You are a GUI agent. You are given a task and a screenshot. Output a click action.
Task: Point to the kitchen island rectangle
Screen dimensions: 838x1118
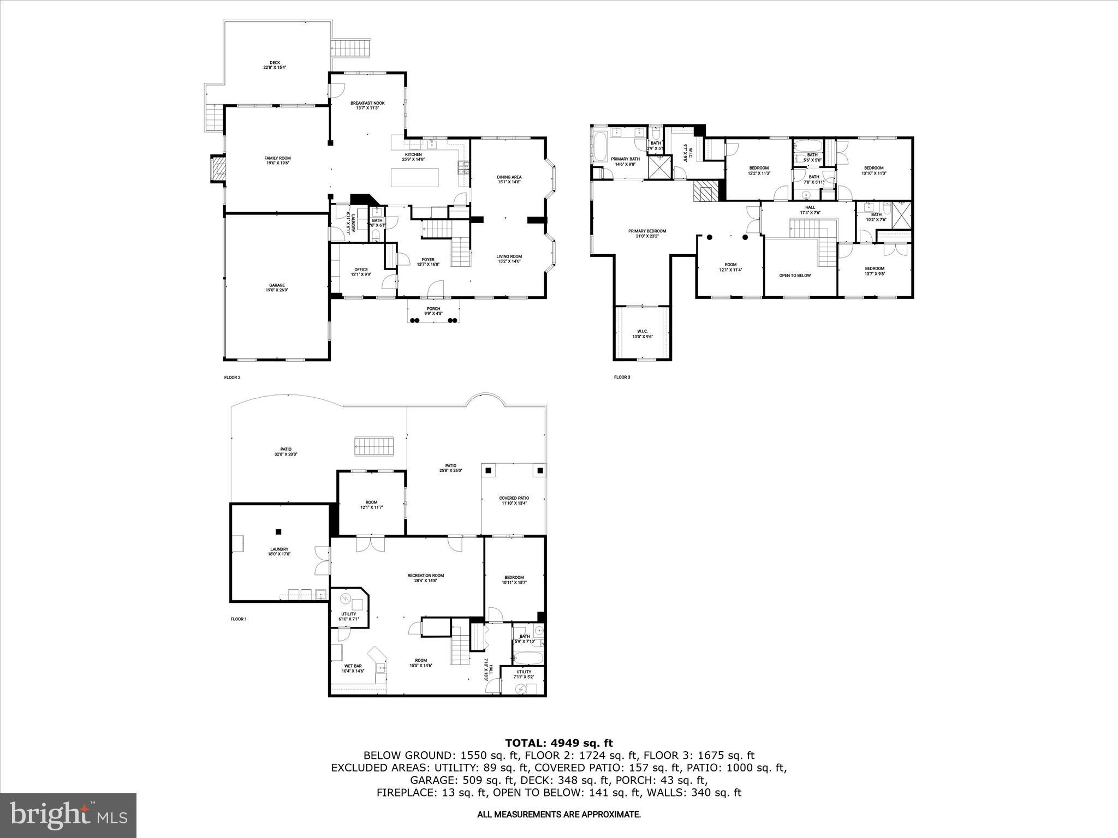(414, 177)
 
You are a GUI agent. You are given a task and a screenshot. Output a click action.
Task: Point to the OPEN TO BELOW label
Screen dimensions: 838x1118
(794, 276)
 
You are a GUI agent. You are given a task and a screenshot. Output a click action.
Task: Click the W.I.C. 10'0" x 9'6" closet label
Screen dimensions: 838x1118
(642, 334)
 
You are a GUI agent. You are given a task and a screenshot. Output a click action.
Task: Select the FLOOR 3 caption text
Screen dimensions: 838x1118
(622, 377)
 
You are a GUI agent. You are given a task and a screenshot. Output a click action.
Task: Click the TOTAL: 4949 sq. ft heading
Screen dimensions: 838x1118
(558, 743)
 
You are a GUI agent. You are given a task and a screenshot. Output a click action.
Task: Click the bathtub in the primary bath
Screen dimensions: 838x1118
(600, 147)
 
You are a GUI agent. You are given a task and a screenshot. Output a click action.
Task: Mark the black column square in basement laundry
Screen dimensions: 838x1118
(278, 531)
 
